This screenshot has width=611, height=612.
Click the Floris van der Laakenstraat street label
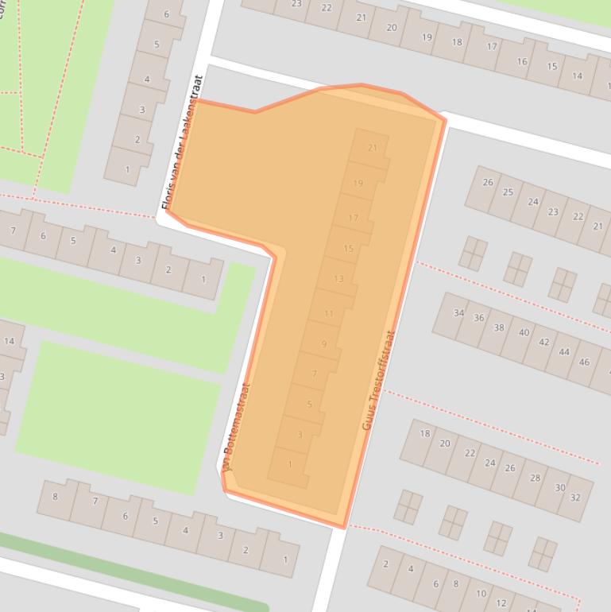click(x=184, y=143)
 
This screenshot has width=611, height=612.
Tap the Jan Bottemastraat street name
click(x=236, y=426)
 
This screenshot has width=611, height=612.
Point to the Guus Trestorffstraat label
click(x=378, y=380)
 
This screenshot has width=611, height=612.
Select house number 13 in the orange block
click(x=339, y=279)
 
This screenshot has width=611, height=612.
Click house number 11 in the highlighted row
click(x=329, y=314)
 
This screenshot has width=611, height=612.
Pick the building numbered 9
click(x=324, y=344)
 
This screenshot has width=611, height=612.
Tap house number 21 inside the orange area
click(x=373, y=148)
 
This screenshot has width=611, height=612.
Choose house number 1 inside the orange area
click(x=290, y=465)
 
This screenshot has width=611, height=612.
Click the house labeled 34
click(x=458, y=313)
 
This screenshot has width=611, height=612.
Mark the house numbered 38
click(x=499, y=327)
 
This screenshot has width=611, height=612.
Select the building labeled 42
click(x=543, y=343)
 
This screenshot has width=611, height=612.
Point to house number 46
click(x=585, y=362)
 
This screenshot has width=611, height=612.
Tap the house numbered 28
click(x=535, y=478)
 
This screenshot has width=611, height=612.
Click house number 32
click(x=575, y=498)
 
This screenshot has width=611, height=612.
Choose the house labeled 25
click(x=508, y=192)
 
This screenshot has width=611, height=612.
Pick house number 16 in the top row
click(x=522, y=61)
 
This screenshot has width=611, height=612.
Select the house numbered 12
click(x=501, y=603)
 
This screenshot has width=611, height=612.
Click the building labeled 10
click(x=481, y=594)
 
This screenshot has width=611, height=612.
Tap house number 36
click(x=478, y=318)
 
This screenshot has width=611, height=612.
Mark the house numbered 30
click(x=560, y=488)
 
